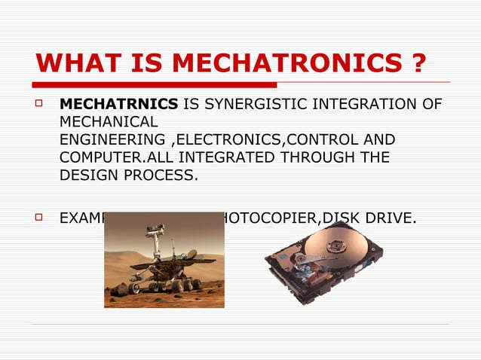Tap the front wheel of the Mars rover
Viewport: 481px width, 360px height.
(x=136, y=287)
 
